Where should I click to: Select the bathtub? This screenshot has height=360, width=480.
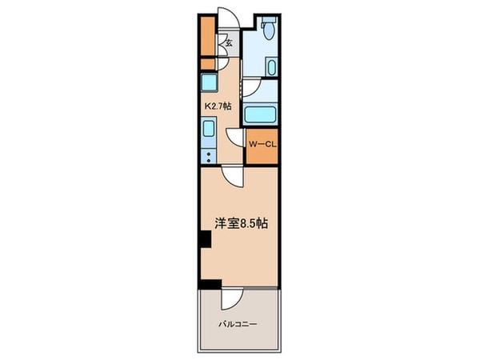261,114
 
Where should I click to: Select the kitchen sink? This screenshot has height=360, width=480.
208,129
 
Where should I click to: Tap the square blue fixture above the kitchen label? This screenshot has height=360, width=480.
209,83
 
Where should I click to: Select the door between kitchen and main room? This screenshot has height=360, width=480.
230,176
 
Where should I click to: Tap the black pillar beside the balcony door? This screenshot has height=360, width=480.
210,284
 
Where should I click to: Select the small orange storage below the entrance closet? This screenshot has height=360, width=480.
207,63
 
